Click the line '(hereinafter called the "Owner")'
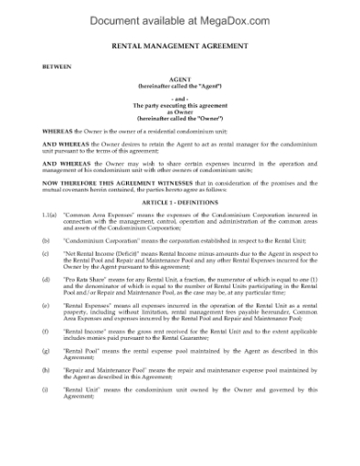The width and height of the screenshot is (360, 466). [179, 120]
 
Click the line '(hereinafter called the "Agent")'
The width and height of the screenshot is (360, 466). [179, 87]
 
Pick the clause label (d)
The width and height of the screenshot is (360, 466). [47, 278]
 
